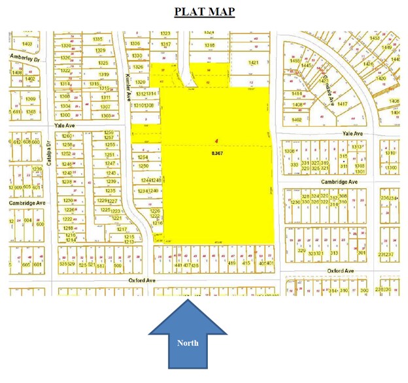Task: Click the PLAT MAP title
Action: click(204, 12)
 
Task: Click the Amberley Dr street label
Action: click(25, 58)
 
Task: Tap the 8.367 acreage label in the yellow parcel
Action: click(217, 152)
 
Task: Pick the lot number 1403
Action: click(27, 43)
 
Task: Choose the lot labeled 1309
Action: click(29, 99)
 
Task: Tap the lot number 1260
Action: click(67, 135)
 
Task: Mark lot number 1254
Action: click(144, 158)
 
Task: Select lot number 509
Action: click(118, 265)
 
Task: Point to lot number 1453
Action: click(374, 39)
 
